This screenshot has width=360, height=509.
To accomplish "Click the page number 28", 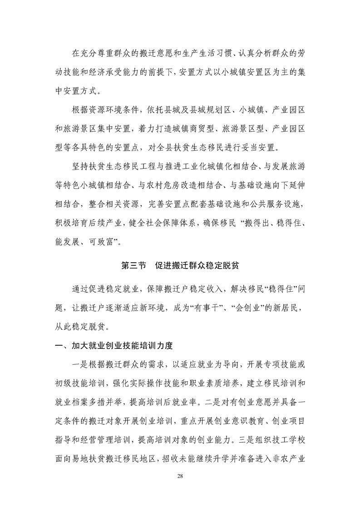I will tap(180, 476).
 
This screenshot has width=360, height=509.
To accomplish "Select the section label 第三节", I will tap(133, 266).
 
